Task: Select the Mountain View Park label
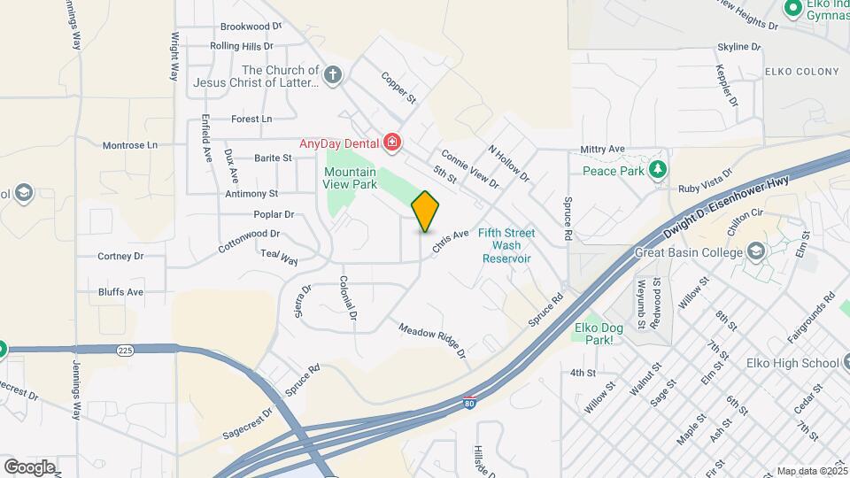coord(350,178)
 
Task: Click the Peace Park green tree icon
coord(657,168)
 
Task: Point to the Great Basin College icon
coord(755,253)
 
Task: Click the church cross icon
coord(332,75)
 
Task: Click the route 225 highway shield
coord(123,352)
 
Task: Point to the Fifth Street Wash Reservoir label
coord(506,245)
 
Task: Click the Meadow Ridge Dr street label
coord(432,340)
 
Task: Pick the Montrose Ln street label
coord(129,144)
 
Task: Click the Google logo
coord(29,466)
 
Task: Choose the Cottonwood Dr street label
coord(250,240)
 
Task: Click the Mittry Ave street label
coord(603,150)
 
